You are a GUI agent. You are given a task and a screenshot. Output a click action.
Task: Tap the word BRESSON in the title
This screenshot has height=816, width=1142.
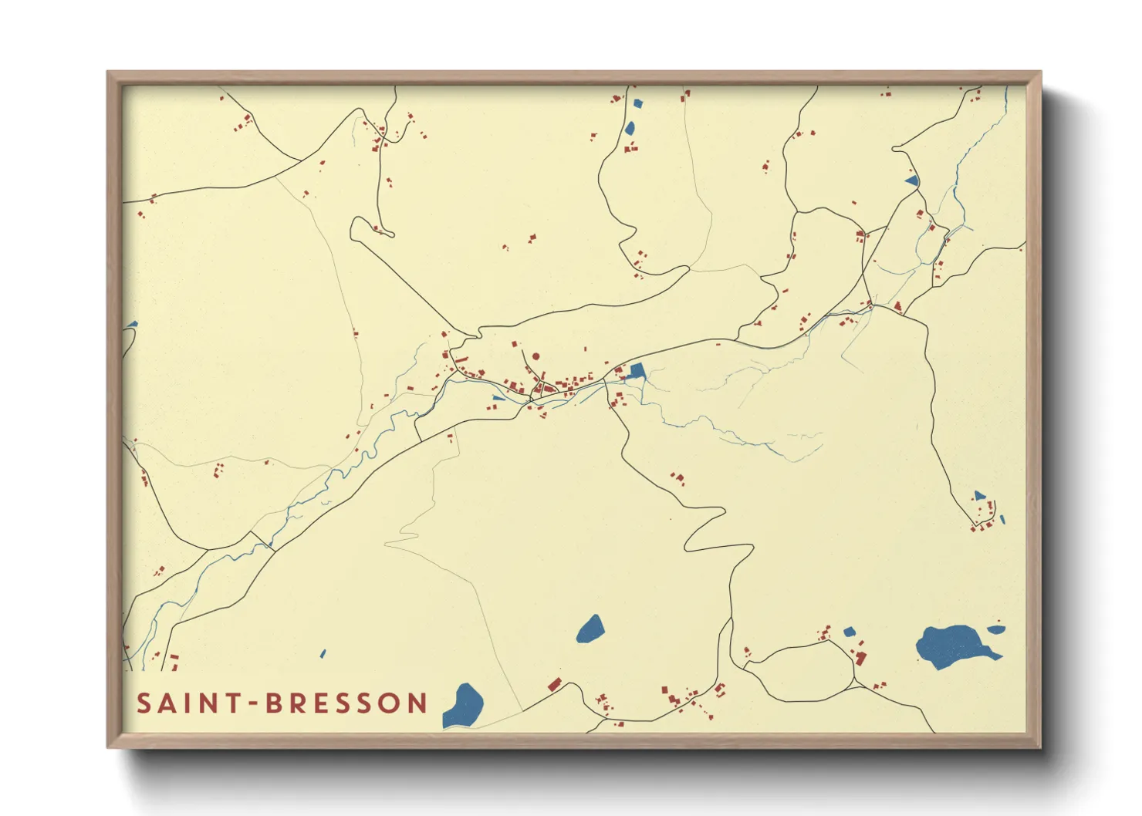346,703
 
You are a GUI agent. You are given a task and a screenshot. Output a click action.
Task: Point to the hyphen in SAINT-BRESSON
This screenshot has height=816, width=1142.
253,704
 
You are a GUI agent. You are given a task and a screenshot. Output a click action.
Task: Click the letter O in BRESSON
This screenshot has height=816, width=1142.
390,703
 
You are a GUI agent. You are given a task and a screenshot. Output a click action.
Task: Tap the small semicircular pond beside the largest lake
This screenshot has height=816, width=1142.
997,629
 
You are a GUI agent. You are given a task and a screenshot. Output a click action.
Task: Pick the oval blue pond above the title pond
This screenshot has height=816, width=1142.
590,629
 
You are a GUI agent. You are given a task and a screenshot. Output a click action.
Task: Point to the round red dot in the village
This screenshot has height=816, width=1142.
536,357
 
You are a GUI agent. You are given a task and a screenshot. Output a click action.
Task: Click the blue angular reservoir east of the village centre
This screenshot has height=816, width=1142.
637,371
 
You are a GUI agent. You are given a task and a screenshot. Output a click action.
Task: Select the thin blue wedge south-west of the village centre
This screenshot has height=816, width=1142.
498,398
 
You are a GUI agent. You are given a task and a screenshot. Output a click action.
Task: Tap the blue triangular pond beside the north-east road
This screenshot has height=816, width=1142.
912,180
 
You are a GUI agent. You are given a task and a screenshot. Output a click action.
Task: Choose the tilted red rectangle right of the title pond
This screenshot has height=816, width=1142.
554,683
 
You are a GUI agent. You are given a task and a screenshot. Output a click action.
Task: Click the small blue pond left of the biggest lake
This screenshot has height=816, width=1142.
850,632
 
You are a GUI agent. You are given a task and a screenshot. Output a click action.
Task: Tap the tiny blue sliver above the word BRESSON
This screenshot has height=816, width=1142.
323,654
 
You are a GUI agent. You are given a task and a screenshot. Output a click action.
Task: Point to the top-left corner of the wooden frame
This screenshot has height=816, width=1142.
109,73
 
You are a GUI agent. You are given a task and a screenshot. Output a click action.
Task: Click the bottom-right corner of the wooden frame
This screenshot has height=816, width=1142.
1039,746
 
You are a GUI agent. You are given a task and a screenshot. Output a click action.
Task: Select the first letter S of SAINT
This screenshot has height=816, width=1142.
144,703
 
